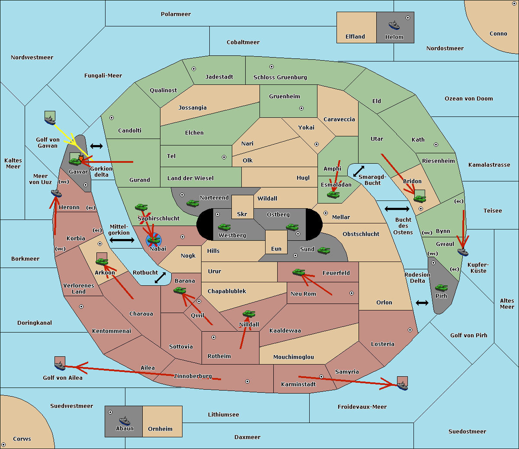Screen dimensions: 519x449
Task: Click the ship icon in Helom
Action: pyautogui.click(x=394, y=25)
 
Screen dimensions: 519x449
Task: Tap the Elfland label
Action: pyautogui.click(x=355, y=37)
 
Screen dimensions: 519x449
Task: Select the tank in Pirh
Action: pyautogui.click(x=441, y=287)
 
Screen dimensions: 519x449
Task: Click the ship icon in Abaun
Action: pyautogui.click(x=125, y=420)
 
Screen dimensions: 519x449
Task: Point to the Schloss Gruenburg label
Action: pyautogui.click(x=280, y=77)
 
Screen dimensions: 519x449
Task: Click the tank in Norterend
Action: pyautogui.click(x=192, y=203)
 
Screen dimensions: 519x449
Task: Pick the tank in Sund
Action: pyautogui.click(x=324, y=250)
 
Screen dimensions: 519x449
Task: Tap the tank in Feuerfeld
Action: pyautogui.click(x=299, y=272)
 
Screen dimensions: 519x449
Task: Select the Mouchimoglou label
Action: pyautogui.click(x=293, y=357)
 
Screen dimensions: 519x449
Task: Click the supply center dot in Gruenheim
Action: pyautogui.click(x=301, y=108)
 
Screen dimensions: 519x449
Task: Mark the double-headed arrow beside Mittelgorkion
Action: pyautogui.click(x=122, y=240)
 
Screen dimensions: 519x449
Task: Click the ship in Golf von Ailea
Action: pyautogui.click(x=60, y=365)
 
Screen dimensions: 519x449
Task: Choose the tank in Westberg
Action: pyautogui.click(x=224, y=227)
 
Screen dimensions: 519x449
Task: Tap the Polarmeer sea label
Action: pyautogui.click(x=176, y=14)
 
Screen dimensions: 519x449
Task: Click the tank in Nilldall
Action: pyautogui.click(x=249, y=314)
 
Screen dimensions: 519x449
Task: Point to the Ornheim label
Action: pyautogui.click(x=160, y=429)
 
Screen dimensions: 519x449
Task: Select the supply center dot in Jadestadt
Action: pyautogui.click(x=194, y=69)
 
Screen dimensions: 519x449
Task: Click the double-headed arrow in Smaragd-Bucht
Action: pyautogui.click(x=359, y=171)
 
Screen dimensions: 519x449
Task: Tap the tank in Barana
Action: pyautogui.click(x=180, y=291)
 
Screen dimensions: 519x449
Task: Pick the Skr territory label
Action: pyautogui.click(x=242, y=214)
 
